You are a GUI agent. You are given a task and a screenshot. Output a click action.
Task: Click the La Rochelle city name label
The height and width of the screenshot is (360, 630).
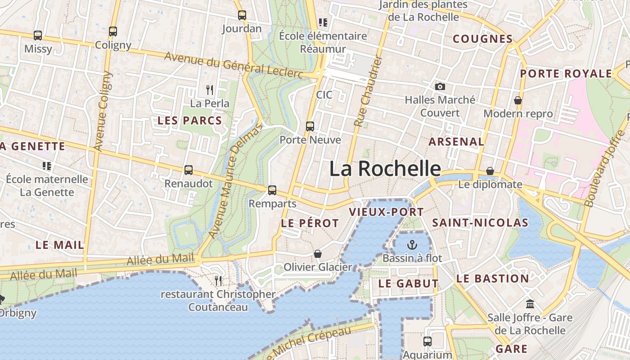[x=385, y=169]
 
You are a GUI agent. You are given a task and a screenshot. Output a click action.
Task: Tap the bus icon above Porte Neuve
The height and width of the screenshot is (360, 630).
[x=310, y=126]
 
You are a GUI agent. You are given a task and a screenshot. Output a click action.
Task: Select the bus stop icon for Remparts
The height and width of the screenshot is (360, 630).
[x=272, y=190]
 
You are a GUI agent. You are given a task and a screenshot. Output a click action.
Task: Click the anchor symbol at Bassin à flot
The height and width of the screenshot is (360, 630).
[x=412, y=245]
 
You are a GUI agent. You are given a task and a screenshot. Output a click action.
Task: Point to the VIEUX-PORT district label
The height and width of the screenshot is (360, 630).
[x=386, y=212]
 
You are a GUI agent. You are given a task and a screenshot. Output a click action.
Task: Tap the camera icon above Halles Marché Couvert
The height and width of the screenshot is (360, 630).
[x=440, y=86]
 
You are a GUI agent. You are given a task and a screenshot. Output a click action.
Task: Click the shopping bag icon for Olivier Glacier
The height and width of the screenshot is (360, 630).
[x=318, y=254]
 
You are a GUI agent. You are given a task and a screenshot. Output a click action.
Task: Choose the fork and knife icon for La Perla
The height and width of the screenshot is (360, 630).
[x=210, y=90]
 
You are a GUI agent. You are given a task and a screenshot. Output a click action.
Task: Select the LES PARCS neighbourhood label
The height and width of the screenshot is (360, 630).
[x=189, y=121]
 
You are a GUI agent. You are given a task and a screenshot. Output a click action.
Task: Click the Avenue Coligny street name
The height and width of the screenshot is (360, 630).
[x=103, y=111]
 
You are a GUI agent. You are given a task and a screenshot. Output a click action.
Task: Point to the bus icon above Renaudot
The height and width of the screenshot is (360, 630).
[x=189, y=170]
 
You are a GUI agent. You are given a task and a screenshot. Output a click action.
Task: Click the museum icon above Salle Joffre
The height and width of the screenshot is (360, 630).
[x=530, y=304]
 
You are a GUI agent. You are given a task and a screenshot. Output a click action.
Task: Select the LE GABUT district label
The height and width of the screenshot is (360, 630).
[x=408, y=283]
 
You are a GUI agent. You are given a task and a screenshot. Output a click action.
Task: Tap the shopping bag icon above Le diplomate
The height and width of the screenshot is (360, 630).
[x=490, y=171]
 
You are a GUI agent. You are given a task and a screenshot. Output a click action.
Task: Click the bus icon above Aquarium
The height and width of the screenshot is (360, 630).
[x=427, y=342]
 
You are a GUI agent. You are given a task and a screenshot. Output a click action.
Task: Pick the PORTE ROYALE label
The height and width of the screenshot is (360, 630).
[x=566, y=74]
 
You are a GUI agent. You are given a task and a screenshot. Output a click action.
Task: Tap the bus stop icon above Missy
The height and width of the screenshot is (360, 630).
[x=38, y=36]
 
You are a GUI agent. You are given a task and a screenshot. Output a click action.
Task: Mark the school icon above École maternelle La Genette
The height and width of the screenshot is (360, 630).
[x=47, y=166]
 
